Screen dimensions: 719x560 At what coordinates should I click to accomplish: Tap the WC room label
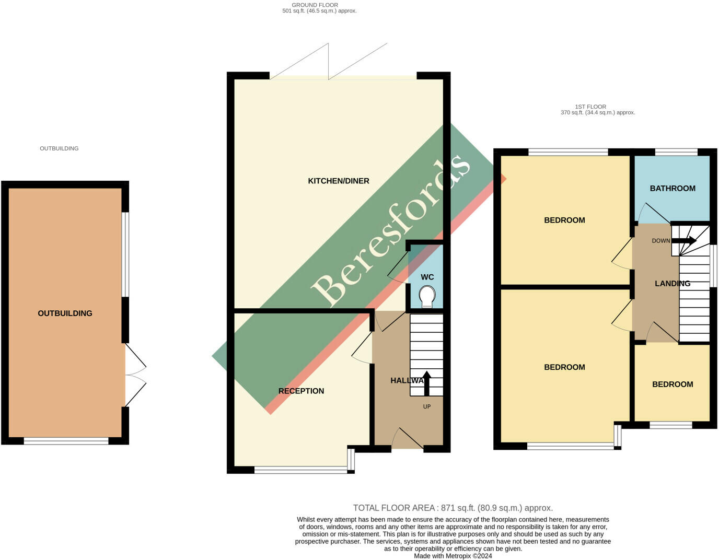427,277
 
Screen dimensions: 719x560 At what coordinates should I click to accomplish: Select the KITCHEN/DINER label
339,181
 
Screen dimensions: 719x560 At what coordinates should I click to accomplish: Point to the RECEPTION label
301,391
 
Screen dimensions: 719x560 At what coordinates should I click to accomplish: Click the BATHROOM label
672,188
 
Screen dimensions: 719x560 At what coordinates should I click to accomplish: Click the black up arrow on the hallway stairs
427,383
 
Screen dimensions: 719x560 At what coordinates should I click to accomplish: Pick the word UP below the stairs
427,406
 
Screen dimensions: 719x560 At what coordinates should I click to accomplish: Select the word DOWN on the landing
661,241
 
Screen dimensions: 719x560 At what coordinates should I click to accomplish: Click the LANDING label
672,284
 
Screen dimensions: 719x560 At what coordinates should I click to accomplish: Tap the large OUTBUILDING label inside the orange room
65,313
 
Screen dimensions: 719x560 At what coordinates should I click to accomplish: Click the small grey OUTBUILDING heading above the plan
59,148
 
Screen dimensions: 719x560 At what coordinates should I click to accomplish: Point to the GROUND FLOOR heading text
315,5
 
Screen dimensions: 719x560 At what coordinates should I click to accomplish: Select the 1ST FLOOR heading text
590,107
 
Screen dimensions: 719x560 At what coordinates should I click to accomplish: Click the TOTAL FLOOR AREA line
453,508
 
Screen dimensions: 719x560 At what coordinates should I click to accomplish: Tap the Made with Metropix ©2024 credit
453,556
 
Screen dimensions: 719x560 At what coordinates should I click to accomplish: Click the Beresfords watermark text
390,231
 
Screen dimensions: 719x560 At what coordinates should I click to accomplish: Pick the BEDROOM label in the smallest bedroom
672,384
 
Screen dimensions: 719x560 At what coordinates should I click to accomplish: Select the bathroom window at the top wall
676,152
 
